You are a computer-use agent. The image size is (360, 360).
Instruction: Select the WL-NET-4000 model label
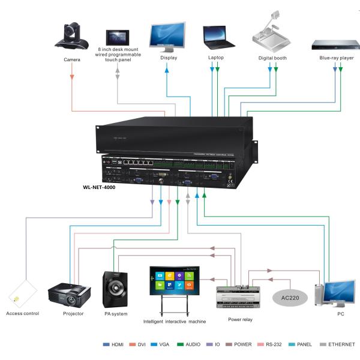(x=99, y=187)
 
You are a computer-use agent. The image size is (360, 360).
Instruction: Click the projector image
(x=70, y=294)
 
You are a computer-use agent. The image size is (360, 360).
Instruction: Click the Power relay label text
(x=240, y=320)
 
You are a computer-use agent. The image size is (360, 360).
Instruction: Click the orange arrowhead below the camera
(x=73, y=77)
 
